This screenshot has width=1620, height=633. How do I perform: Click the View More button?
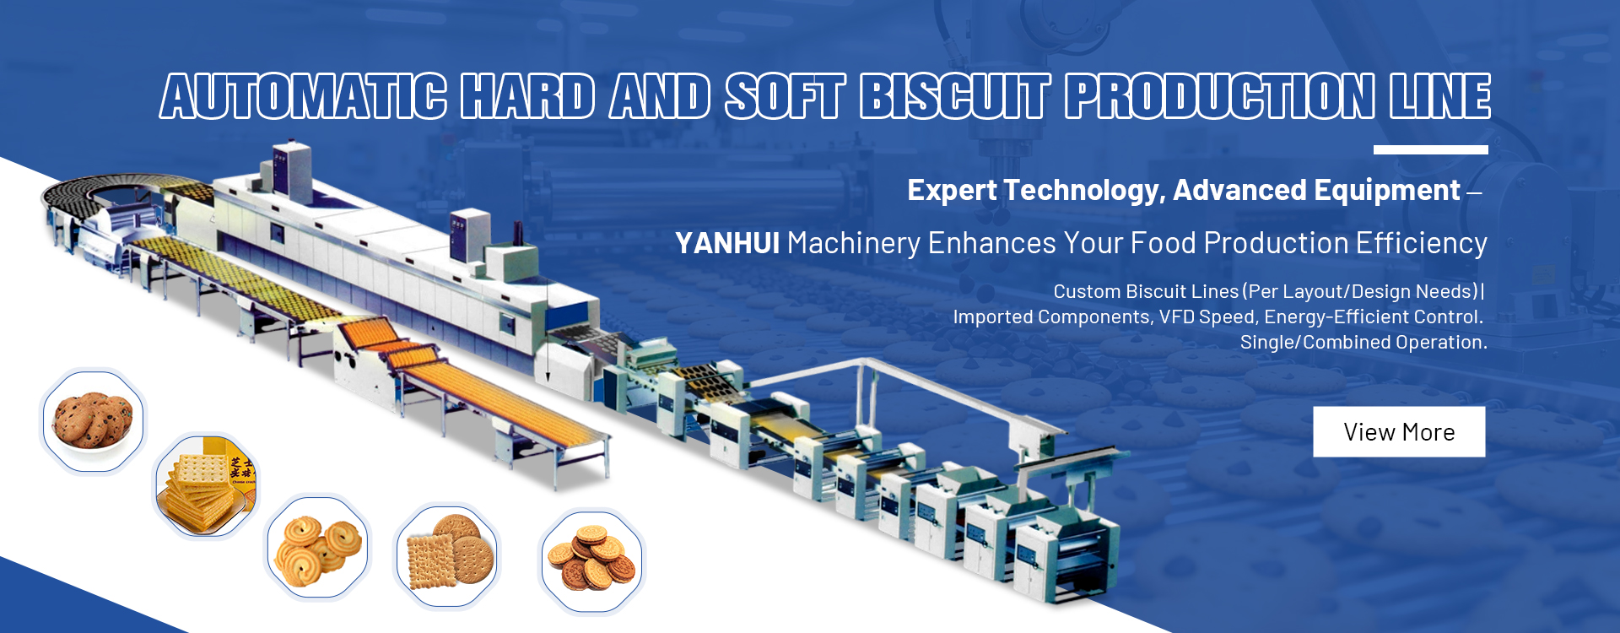[x=1399, y=432]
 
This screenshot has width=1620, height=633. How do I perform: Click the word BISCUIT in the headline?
[x=955, y=96]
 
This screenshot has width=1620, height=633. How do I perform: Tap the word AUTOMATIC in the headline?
[x=304, y=96]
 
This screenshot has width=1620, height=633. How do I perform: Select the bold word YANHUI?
[x=727, y=244]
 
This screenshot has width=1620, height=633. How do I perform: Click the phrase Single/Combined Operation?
[x=1363, y=343]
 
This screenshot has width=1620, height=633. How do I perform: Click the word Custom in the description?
[x=1087, y=292]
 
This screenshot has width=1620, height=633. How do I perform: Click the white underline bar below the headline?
[x=1430, y=150]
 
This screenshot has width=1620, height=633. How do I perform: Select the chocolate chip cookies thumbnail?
[x=93, y=420]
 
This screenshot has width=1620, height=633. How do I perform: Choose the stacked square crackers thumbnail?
[x=206, y=485]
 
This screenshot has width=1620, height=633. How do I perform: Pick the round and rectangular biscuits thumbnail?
[x=447, y=555]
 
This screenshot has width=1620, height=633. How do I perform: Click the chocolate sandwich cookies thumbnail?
[x=592, y=560]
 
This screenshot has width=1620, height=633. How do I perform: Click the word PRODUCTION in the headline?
[x=1220, y=96]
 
